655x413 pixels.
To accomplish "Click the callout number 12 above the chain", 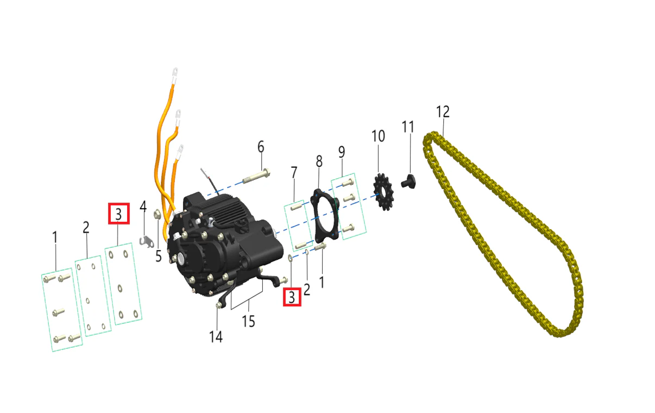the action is click(x=443, y=111).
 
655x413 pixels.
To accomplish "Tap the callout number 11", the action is click(x=408, y=127).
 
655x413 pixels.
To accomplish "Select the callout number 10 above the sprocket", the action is click(x=378, y=136).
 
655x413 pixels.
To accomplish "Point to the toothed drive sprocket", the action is click(x=383, y=191).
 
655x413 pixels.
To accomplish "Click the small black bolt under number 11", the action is click(x=408, y=182).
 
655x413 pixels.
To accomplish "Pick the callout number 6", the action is click(x=261, y=147).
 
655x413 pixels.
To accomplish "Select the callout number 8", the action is click(x=319, y=161).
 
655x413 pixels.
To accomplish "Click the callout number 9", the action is click(x=342, y=152).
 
